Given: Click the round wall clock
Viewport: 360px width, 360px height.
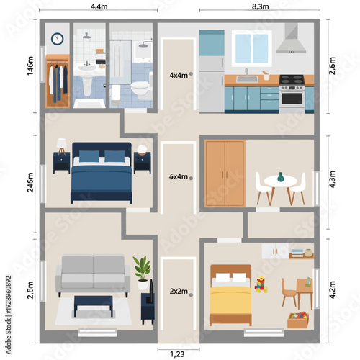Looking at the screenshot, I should [x=57, y=38].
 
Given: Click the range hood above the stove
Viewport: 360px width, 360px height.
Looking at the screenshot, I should [x=291, y=40].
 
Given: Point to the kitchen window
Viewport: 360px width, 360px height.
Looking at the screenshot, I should [x=251, y=48].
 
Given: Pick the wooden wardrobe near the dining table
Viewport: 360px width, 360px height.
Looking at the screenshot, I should [x=224, y=170].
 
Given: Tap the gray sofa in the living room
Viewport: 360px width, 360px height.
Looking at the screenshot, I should [x=93, y=274].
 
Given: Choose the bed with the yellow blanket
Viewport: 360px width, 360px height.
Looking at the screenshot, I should [x=230, y=297].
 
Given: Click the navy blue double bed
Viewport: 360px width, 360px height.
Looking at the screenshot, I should [x=101, y=176].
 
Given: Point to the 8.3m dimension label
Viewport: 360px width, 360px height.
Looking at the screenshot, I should [x=261, y=6].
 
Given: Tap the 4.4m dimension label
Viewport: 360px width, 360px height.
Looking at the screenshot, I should [x=99, y=6].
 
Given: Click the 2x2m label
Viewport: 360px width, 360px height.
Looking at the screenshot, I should [x=178, y=292].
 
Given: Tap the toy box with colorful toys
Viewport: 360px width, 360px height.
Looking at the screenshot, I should [x=298, y=320].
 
